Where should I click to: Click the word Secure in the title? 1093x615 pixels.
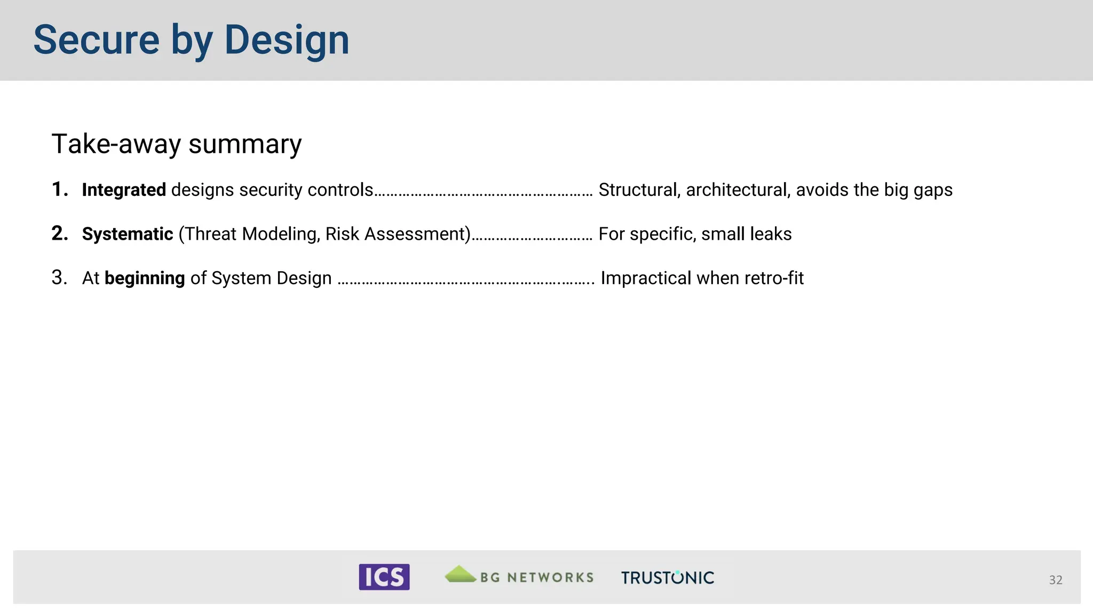(96, 40)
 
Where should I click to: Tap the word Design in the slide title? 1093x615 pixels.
(287, 40)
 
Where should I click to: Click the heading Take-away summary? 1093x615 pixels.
(176, 144)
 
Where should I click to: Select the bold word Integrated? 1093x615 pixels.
(124, 190)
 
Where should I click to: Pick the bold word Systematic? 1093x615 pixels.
(128, 234)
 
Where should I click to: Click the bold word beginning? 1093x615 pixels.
(145, 278)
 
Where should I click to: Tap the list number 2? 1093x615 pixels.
(60, 233)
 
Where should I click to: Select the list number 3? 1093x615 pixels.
(59, 278)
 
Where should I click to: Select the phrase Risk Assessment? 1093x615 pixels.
(396, 234)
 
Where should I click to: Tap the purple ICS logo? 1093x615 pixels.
(384, 577)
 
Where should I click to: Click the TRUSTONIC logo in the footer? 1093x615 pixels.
(667, 578)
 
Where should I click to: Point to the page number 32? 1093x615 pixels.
(1055, 580)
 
